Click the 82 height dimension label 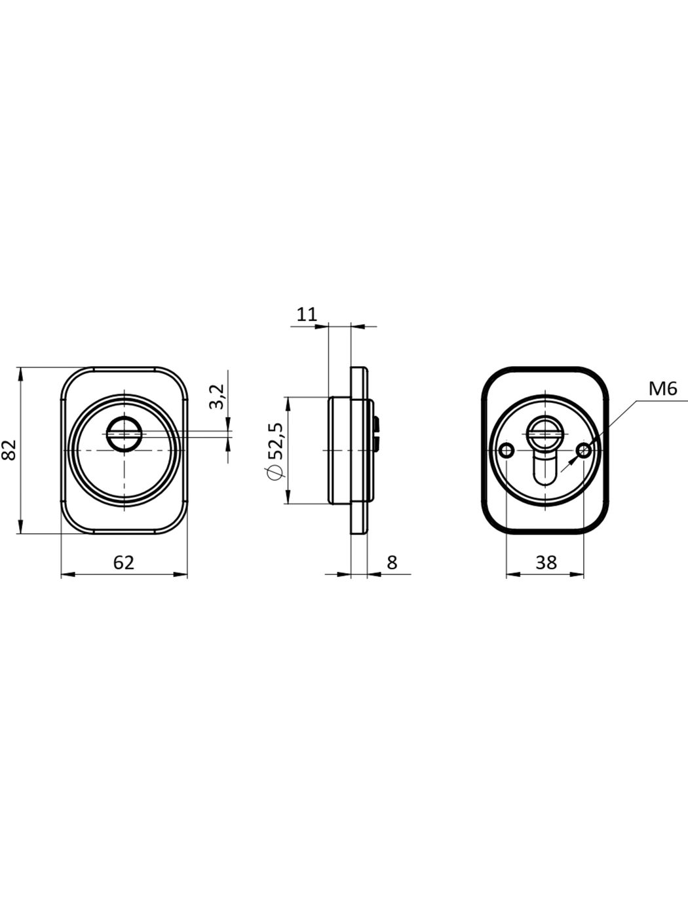pos(9,449)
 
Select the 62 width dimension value pos(124,563)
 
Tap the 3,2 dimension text pos(218,396)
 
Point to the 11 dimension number pos(307,314)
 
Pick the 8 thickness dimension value pos(392,563)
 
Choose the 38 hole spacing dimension pos(546,563)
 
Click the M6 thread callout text pos(662,390)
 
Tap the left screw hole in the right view pos(506,451)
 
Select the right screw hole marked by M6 pos(584,451)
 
